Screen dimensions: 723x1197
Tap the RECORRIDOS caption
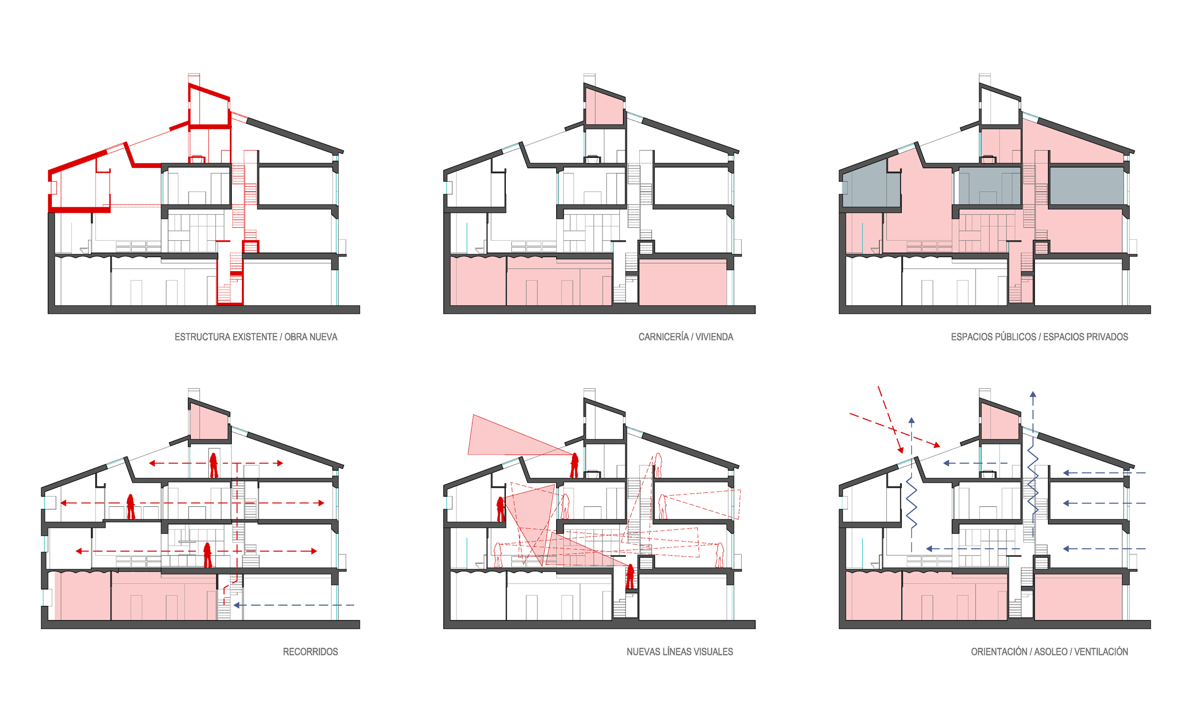tap(310, 652)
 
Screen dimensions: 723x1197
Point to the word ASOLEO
tap(1050, 652)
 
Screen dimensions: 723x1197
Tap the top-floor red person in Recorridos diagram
tap(214, 465)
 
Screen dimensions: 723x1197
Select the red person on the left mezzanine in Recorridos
tap(131, 506)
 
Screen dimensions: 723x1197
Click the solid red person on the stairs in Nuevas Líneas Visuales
tap(630, 577)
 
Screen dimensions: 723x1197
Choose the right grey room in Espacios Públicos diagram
tap(1086, 185)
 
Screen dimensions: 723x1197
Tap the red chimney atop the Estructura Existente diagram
tap(194, 80)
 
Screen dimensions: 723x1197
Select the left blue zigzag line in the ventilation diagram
tap(912, 503)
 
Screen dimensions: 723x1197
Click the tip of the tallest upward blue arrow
tap(1033, 393)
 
